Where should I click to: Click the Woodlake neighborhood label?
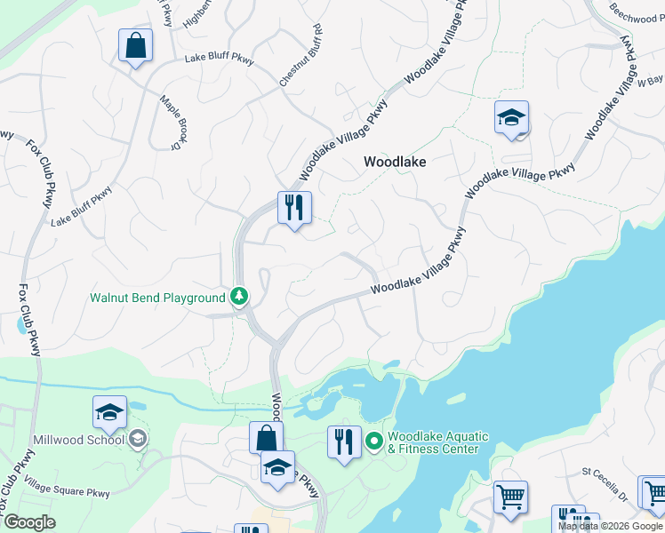click(395, 163)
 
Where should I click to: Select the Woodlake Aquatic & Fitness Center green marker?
click(374, 440)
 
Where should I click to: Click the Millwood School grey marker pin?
click(137, 438)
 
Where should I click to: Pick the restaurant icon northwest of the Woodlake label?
click(294, 208)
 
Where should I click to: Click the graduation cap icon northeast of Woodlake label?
click(511, 118)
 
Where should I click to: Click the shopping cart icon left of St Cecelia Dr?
click(510, 497)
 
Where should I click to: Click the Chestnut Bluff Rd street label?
click(300, 61)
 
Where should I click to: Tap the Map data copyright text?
click(610, 526)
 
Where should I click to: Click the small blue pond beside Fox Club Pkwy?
click(20, 324)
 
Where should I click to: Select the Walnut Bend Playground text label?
click(157, 298)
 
